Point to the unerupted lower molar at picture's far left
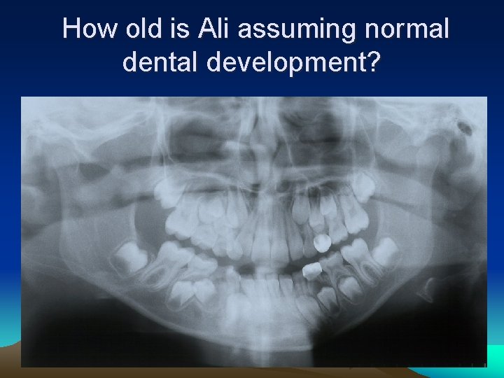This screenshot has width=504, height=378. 130,258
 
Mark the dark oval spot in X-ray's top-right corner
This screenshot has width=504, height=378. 463,127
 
